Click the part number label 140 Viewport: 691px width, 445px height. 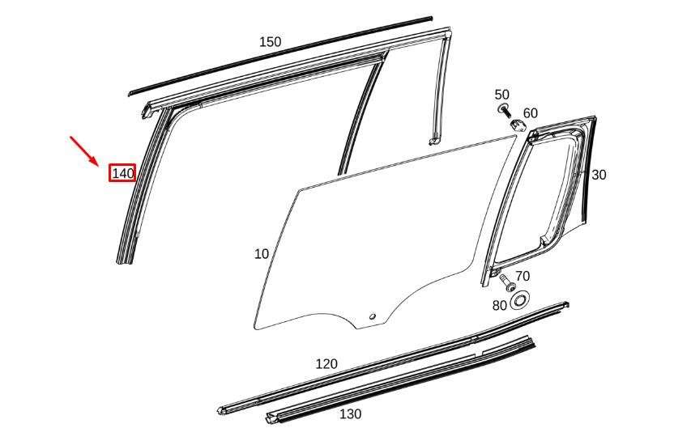(122, 173)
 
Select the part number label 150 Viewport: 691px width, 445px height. (270, 42)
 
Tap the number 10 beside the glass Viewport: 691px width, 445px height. (261, 254)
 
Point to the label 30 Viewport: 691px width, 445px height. (599, 175)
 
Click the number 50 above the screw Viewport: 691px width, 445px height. (502, 95)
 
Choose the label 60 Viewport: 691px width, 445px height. (531, 113)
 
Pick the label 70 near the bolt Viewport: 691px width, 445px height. (523, 277)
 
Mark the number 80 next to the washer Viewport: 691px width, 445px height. (500, 305)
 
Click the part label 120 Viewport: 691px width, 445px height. (326, 364)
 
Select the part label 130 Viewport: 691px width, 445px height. (350, 413)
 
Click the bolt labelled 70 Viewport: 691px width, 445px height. (508, 283)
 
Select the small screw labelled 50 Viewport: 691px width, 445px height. (503, 109)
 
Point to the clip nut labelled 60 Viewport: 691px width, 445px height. (516, 124)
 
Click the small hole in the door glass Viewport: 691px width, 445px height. (372, 316)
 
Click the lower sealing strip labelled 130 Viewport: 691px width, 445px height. (405, 380)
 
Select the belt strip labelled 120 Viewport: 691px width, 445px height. (389, 356)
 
